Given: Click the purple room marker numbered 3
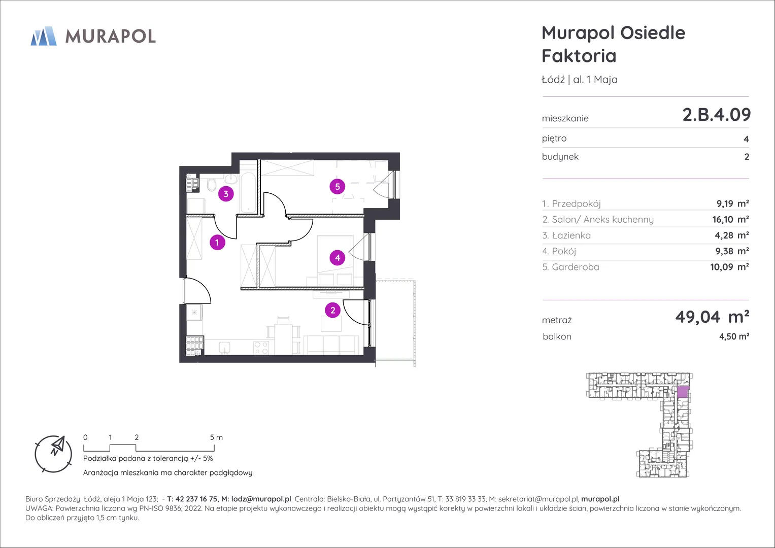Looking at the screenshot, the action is (x=226, y=194).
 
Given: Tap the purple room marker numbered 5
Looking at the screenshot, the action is (x=338, y=187).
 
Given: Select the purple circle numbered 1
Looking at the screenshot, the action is (x=217, y=242).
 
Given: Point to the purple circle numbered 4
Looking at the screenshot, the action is (x=338, y=257).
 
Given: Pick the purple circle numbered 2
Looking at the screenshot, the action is (x=333, y=310).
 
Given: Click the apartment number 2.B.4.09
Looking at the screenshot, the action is (x=716, y=115).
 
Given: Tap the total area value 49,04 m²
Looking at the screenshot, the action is (x=712, y=317).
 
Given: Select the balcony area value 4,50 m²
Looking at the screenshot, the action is (x=734, y=336).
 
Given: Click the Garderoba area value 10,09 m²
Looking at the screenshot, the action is (x=729, y=267).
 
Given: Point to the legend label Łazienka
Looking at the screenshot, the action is (x=571, y=235).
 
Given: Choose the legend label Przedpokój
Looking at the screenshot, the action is (x=576, y=204).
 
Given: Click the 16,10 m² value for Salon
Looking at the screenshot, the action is (x=730, y=219).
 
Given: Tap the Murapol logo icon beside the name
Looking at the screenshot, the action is (x=44, y=36).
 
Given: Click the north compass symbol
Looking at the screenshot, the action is (x=53, y=454).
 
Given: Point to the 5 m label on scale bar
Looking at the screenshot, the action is (x=216, y=437).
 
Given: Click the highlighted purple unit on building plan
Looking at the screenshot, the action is (x=683, y=392).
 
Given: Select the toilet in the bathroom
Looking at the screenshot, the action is (x=211, y=185).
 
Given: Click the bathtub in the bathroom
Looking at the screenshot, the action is (x=248, y=192).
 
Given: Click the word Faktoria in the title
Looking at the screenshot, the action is (x=579, y=56).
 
